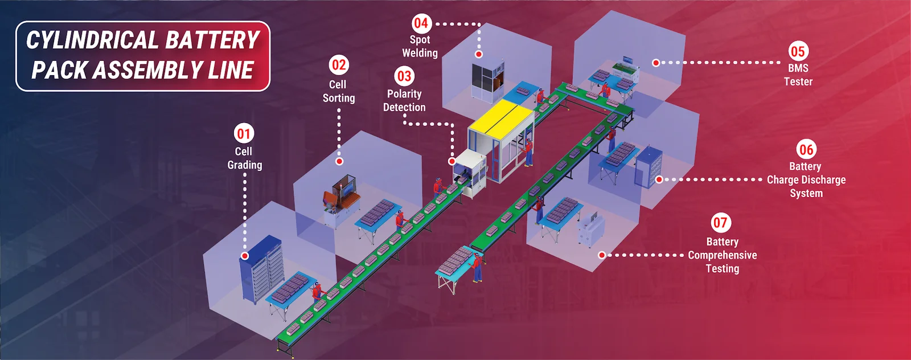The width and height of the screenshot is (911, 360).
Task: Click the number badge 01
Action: click(x=244, y=134)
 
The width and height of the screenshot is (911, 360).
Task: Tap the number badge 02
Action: click(x=339, y=65)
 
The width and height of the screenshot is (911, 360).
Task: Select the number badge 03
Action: click(x=404, y=76)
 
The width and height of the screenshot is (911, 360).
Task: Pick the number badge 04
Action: click(x=421, y=23)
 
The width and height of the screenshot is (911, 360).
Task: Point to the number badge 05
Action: click(x=798, y=51)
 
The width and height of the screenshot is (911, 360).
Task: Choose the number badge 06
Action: click(x=806, y=150)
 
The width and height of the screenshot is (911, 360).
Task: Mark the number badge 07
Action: click(x=720, y=223)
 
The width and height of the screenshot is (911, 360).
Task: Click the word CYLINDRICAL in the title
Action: click(x=92, y=40)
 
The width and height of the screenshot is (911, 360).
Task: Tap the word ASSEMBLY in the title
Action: click(x=147, y=71)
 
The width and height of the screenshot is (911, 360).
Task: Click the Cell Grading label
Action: click(x=245, y=158)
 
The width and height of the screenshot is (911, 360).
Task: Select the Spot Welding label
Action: click(x=420, y=46)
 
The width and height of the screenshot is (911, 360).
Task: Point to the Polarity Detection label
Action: click(x=404, y=101)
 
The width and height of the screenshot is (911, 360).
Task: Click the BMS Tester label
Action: click(x=798, y=75)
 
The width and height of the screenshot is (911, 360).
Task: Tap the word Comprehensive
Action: click(x=723, y=255)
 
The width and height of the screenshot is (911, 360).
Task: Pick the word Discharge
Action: click(x=824, y=180)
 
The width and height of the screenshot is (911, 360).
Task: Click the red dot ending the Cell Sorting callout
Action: click(x=339, y=161)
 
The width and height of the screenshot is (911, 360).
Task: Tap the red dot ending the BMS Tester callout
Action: click(x=656, y=63)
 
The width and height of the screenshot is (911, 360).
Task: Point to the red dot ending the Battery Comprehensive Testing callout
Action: click(x=602, y=255)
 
